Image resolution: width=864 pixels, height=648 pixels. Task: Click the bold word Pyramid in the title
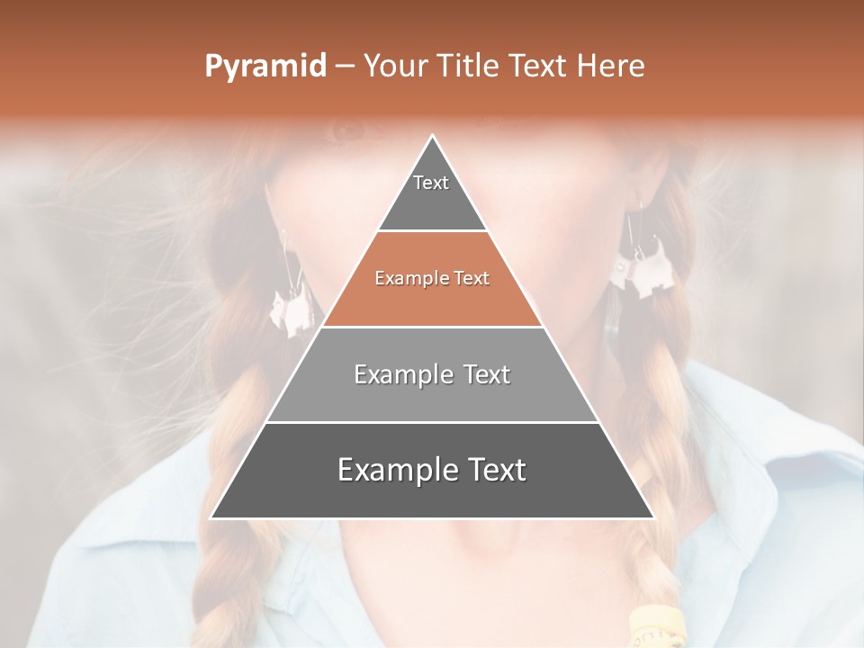point(265,67)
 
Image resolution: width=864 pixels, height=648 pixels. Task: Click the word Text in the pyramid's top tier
point(431,183)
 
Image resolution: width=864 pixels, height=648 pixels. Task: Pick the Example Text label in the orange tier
point(432,279)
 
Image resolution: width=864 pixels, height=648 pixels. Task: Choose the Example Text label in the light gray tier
point(432,374)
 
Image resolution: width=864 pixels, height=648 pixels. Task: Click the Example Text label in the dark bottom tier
point(432,470)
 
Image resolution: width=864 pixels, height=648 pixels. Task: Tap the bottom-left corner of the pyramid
point(211,517)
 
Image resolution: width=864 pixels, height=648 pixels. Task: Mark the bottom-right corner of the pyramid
point(653,517)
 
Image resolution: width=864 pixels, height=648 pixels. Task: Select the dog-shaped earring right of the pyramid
point(634,270)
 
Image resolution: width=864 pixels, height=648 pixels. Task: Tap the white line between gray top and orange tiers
point(432,231)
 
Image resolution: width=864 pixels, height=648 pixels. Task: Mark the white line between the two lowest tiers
point(432,422)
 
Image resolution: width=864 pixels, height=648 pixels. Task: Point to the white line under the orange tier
point(432,327)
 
